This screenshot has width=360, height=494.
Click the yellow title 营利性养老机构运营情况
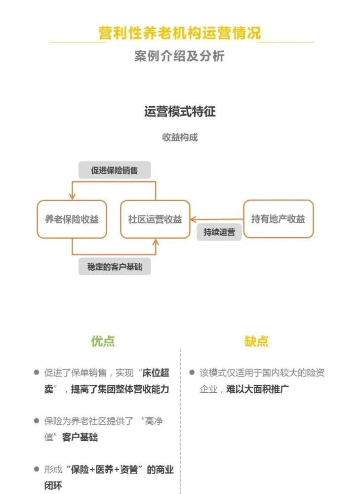(x=180, y=33)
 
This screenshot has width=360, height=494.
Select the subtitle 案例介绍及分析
(x=180, y=56)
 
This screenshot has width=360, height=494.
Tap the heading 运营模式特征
(x=180, y=112)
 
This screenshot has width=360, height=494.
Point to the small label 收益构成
(x=180, y=137)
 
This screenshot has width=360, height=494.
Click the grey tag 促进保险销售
(x=115, y=170)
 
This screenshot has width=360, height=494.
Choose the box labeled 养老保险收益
(x=72, y=219)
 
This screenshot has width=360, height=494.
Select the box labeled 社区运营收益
(x=155, y=219)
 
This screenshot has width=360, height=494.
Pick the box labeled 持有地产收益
(x=279, y=219)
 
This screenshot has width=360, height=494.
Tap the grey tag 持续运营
(x=219, y=232)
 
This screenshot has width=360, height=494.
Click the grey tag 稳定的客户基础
(x=115, y=267)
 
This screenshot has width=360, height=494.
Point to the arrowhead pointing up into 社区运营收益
(x=156, y=242)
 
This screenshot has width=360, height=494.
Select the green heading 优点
(x=103, y=341)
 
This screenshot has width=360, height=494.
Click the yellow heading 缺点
(x=256, y=341)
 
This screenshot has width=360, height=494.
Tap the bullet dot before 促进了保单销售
(x=37, y=372)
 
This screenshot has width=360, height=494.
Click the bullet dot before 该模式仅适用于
(x=192, y=372)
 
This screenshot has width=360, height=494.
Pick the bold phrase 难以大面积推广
(x=257, y=389)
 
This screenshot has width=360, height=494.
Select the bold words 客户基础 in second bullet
(x=80, y=437)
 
